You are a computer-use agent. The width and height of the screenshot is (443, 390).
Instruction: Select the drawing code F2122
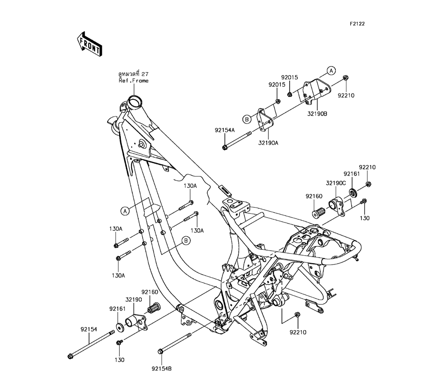pos(358,24)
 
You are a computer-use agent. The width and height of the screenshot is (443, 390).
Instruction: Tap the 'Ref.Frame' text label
pos(133,81)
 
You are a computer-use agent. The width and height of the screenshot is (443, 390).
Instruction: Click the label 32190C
pos(336,183)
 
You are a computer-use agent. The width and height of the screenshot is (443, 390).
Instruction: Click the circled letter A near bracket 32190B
pos(331,70)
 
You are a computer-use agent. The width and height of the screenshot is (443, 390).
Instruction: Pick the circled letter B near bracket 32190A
pos(246,118)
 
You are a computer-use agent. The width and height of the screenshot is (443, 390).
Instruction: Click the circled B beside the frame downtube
pos(187,241)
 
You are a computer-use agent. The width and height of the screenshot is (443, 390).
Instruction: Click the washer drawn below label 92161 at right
pos(353,193)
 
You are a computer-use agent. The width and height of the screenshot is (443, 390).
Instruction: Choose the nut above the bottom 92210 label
pos(297,315)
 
